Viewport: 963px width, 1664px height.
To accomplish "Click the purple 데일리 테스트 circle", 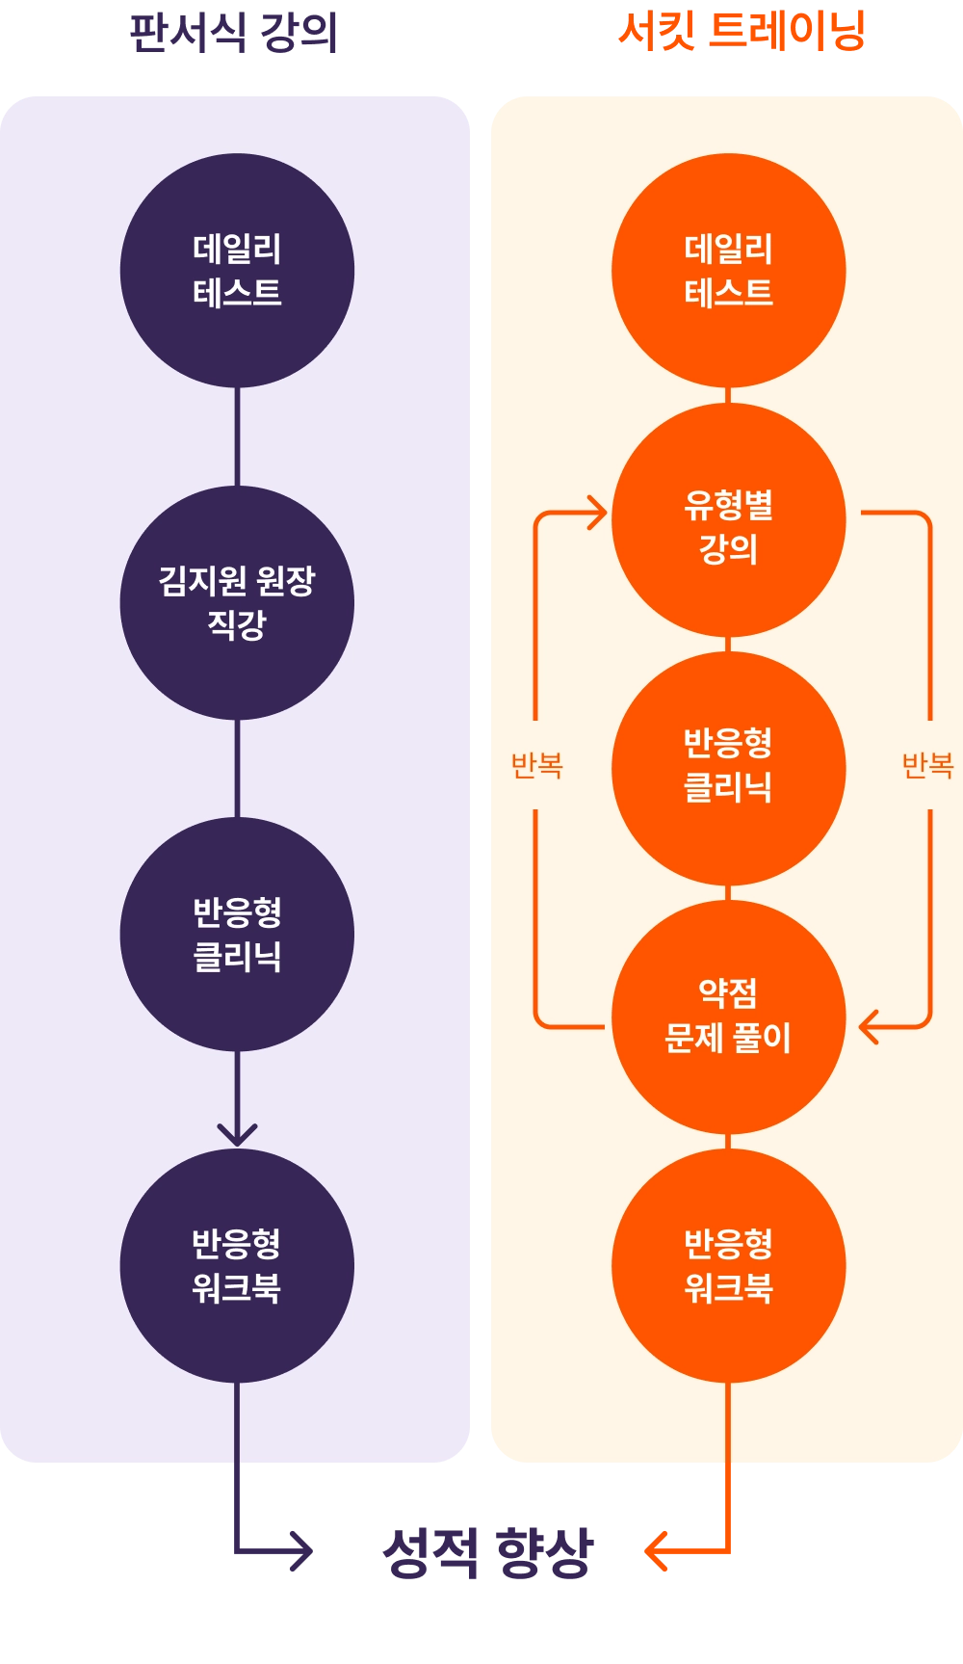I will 237,271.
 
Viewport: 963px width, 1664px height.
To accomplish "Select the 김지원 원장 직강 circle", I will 237,602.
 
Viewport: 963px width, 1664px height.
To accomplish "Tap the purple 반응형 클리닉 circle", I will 237,934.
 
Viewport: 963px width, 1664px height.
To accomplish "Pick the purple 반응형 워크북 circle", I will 237,1265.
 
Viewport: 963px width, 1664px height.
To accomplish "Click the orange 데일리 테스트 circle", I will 729,271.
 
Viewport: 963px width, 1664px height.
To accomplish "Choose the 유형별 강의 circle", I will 729,520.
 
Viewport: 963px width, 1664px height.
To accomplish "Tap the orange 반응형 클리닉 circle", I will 729,769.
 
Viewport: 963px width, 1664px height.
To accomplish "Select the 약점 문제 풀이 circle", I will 729,1017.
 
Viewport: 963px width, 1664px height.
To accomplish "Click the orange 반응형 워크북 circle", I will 729,1265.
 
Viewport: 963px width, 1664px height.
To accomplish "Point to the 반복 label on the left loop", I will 536,766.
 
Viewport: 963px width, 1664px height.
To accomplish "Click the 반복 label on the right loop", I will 927,766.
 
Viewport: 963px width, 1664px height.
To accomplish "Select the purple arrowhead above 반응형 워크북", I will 237,1133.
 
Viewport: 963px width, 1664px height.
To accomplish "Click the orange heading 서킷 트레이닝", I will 742,31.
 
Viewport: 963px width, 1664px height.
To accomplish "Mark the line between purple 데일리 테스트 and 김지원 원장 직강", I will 237,436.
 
